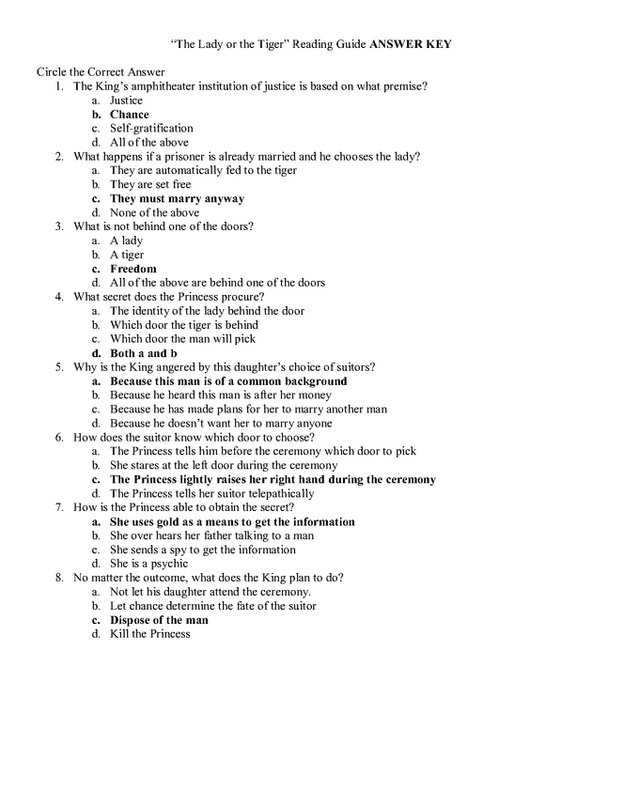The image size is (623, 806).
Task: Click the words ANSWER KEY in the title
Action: point(411,44)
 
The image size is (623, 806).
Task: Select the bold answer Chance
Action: point(129,115)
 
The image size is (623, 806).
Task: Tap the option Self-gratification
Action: point(151,129)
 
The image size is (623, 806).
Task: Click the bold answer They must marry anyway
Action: point(177,199)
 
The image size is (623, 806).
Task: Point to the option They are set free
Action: point(149,185)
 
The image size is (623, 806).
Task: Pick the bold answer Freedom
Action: point(132,269)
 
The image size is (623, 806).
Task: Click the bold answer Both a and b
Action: point(143,353)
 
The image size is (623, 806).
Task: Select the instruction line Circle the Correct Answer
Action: point(101,72)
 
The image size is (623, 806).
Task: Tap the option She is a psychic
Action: point(148,564)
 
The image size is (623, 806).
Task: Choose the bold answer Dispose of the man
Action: point(159,620)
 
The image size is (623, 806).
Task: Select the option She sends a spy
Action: point(202,550)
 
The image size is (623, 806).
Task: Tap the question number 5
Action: point(58,367)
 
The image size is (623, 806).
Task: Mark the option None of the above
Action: point(154,213)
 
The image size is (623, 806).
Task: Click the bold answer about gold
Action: point(232,521)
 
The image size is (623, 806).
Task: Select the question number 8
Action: point(58,578)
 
